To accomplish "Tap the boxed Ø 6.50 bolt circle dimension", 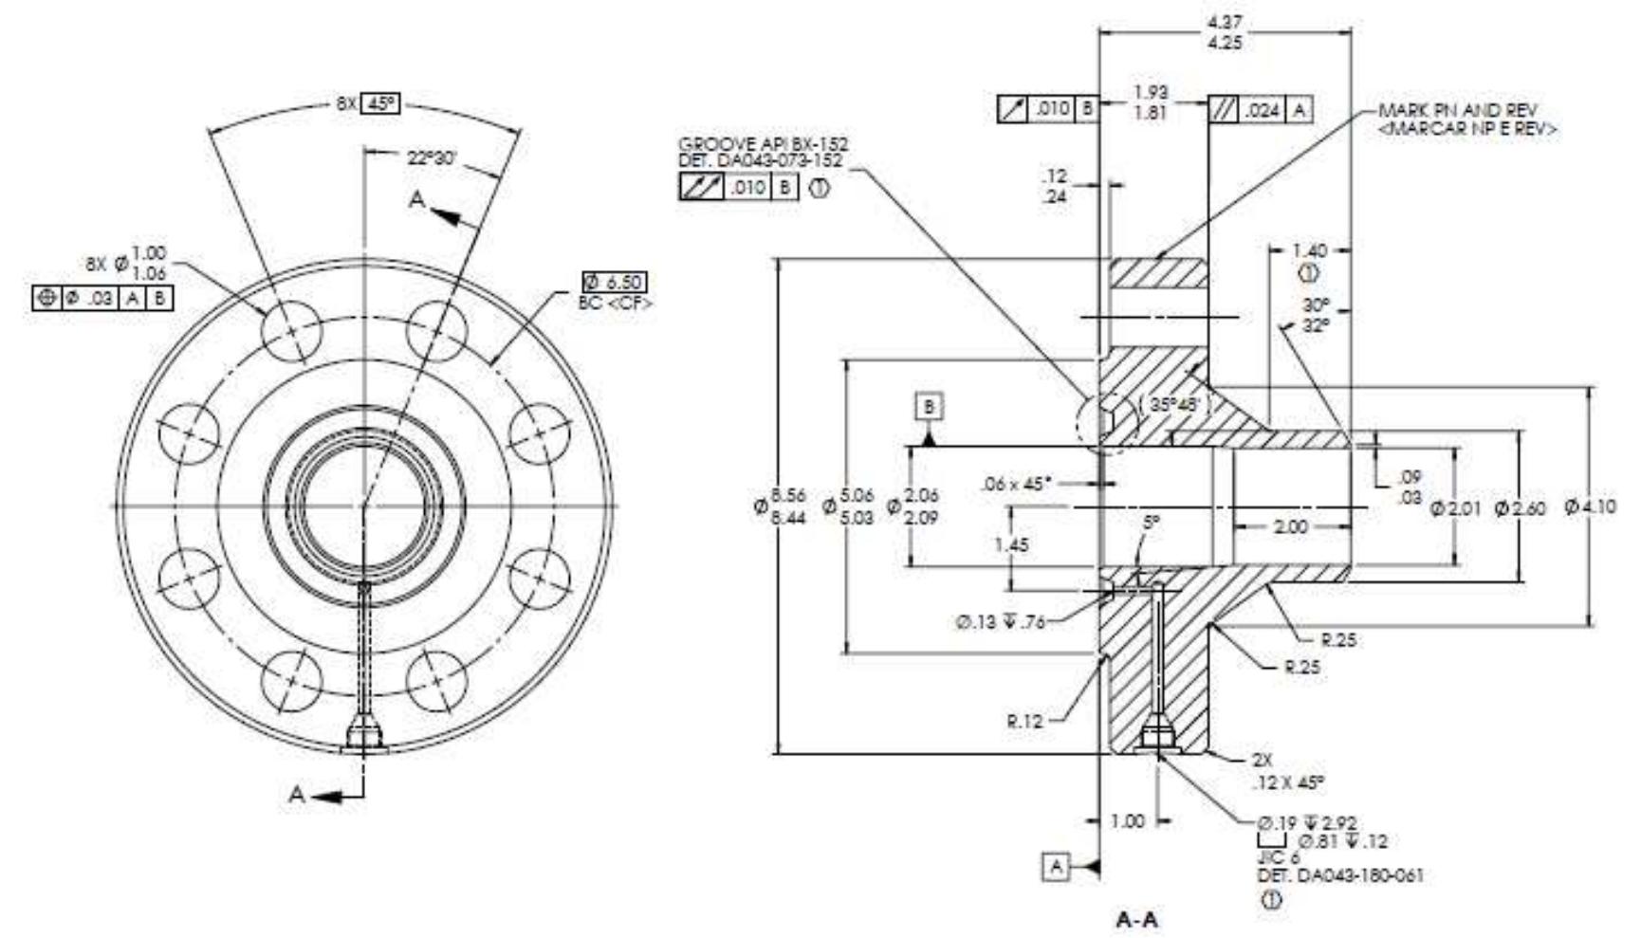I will [x=616, y=282].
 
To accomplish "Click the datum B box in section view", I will [x=929, y=407].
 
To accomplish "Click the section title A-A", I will [x=1137, y=919].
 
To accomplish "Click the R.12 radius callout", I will [x=1024, y=721].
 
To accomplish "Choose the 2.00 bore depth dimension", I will [x=1290, y=526].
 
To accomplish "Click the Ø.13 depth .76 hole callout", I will [x=1001, y=623].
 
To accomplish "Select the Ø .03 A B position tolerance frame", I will [x=102, y=299].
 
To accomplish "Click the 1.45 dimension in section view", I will [x=1011, y=545].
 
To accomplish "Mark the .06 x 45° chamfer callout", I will [x=1016, y=484].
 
